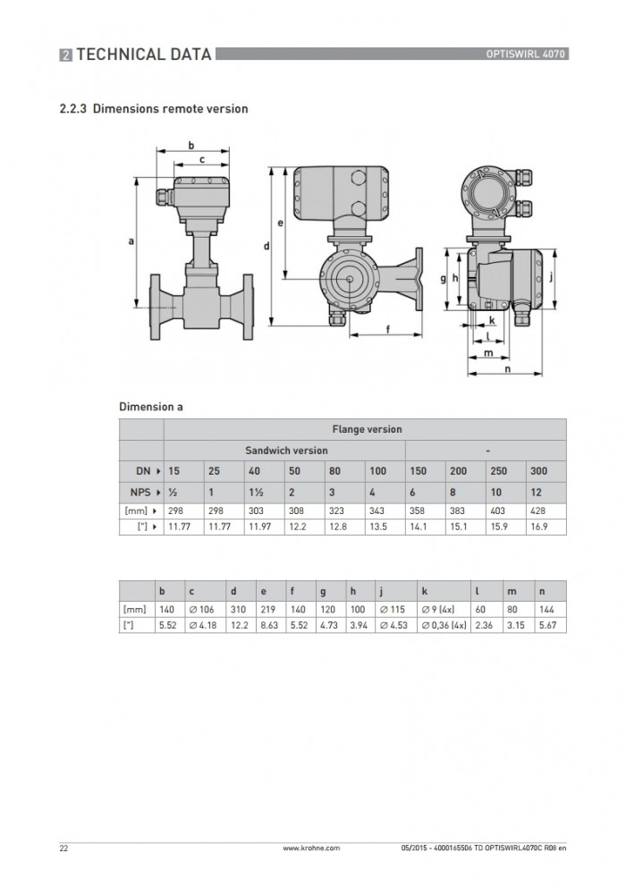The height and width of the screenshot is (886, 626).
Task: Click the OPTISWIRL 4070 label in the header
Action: pyautogui.click(x=525, y=55)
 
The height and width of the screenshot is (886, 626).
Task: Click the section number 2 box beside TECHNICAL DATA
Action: pyautogui.click(x=66, y=55)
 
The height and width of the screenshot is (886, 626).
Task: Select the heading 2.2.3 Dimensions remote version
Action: pyautogui.click(x=154, y=108)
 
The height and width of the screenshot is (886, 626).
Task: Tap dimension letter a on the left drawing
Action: pyautogui.click(x=131, y=241)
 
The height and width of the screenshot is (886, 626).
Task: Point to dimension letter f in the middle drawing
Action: pyautogui.click(x=387, y=329)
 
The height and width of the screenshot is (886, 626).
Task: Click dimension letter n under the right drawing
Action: pyautogui.click(x=507, y=369)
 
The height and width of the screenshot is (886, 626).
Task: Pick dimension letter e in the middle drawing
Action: pyautogui.click(x=280, y=223)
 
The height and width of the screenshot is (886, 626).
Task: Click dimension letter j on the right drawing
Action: pyautogui.click(x=551, y=277)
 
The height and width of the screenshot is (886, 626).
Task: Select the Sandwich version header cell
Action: pyautogui.click(x=286, y=451)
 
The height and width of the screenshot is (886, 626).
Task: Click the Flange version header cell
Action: pyautogui.click(x=367, y=429)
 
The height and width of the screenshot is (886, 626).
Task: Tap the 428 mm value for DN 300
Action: pyautogui.click(x=537, y=511)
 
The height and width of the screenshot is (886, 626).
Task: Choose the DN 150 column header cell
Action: pyautogui.click(x=419, y=470)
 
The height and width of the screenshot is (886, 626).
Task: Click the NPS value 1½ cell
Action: pyautogui.click(x=256, y=492)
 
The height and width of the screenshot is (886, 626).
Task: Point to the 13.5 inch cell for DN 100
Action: pyautogui.click(x=378, y=527)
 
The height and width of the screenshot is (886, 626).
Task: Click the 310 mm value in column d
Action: pyautogui.click(x=239, y=610)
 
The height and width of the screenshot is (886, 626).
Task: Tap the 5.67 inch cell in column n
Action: pyautogui.click(x=547, y=626)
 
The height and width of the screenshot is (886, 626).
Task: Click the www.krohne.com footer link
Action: pyautogui.click(x=311, y=848)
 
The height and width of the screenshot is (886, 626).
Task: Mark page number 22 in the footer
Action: pyautogui.click(x=63, y=848)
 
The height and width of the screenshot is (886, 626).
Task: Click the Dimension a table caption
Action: pyautogui.click(x=151, y=407)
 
